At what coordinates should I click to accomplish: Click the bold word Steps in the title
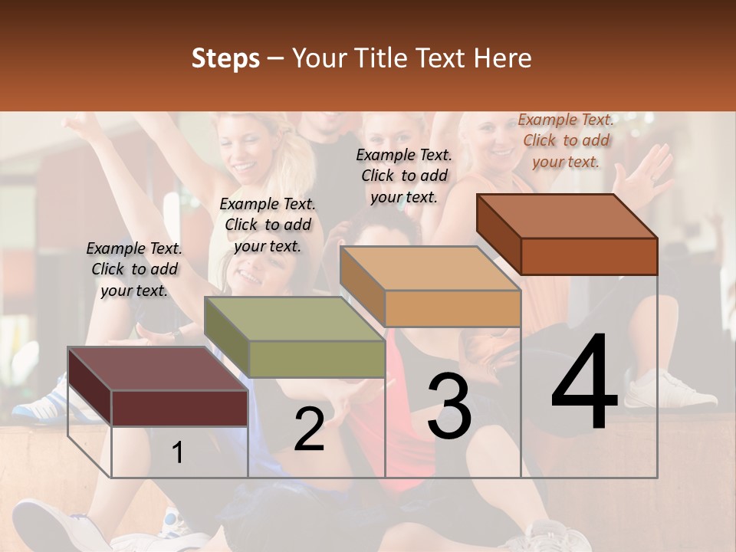click(225, 58)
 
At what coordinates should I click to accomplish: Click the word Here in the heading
click(503, 58)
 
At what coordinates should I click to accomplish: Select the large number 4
click(584, 383)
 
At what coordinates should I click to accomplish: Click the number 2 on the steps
click(309, 430)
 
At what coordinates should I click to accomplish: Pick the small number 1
click(177, 453)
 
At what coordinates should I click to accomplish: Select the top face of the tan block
click(429, 269)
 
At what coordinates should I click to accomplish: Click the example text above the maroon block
click(134, 269)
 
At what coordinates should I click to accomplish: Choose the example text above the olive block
click(268, 225)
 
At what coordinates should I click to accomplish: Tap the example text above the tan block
click(404, 176)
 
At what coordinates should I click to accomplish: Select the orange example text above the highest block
click(566, 140)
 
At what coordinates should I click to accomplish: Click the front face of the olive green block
click(317, 359)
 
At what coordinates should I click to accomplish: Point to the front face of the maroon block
click(180, 408)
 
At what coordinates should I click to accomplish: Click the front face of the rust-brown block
click(589, 256)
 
